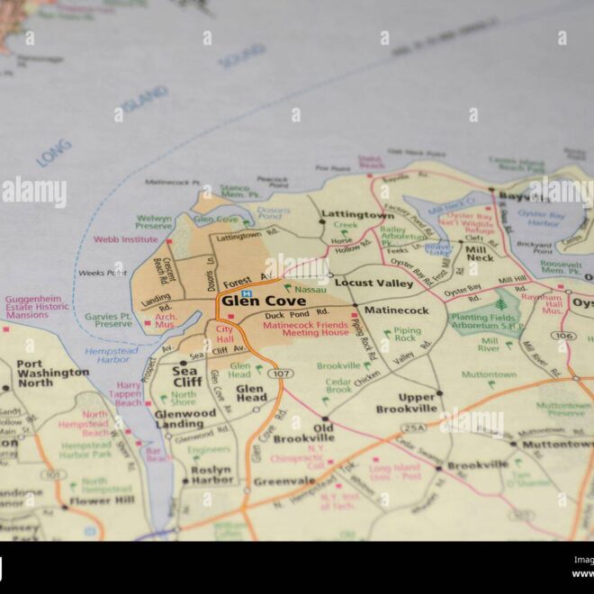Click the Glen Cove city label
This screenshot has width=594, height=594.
coord(263,301)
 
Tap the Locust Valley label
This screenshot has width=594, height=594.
coord(373,283)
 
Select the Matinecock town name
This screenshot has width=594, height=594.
coord(396,310)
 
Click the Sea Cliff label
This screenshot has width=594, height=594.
coord(186,376)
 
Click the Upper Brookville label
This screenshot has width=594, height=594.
coord(405,403)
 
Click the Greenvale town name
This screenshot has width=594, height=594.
coord(283,481)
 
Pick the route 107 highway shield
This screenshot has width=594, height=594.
coord(281,373)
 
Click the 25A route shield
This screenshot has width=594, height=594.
coord(415,428)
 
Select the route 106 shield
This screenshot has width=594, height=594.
coord(563,336)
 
